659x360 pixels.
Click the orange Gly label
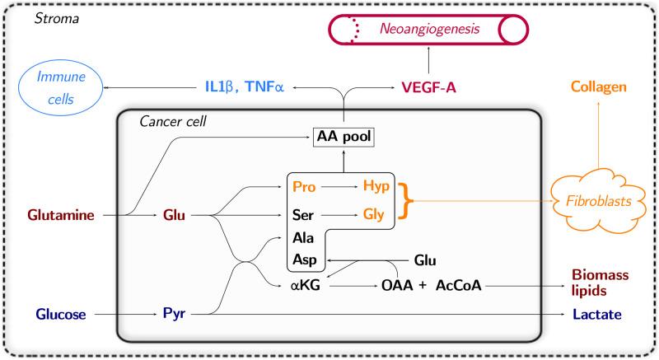(374, 217)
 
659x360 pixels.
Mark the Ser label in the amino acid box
(301, 217)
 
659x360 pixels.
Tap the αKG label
(301, 286)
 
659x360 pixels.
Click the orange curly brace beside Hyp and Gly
(405, 203)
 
